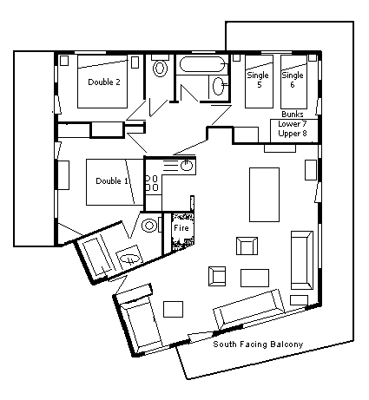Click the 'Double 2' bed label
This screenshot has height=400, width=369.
click(x=104, y=82)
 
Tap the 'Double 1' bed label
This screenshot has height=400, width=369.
click(x=112, y=181)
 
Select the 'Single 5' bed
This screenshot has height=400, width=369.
click(x=259, y=82)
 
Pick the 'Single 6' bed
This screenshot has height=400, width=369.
click(x=293, y=82)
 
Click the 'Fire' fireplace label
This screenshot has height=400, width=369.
click(x=181, y=228)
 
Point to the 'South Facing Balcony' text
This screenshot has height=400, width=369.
click(x=258, y=344)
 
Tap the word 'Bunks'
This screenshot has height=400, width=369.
click(x=293, y=115)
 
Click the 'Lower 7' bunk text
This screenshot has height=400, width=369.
click(x=293, y=124)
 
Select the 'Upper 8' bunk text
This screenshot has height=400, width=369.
click(x=293, y=134)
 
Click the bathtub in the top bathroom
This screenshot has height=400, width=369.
click(x=203, y=64)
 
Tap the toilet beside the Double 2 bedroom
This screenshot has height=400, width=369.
click(x=160, y=67)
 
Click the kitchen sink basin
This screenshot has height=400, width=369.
click(x=187, y=166)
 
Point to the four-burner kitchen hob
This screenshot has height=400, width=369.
click(x=152, y=183)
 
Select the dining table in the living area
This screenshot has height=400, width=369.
click(x=264, y=194)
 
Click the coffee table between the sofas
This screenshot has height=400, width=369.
click(x=254, y=278)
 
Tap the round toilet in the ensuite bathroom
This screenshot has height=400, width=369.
click(x=149, y=226)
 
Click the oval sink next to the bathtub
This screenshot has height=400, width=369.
click(x=218, y=87)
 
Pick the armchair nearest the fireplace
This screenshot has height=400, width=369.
click(x=247, y=246)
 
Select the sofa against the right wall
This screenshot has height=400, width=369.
click(x=302, y=260)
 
